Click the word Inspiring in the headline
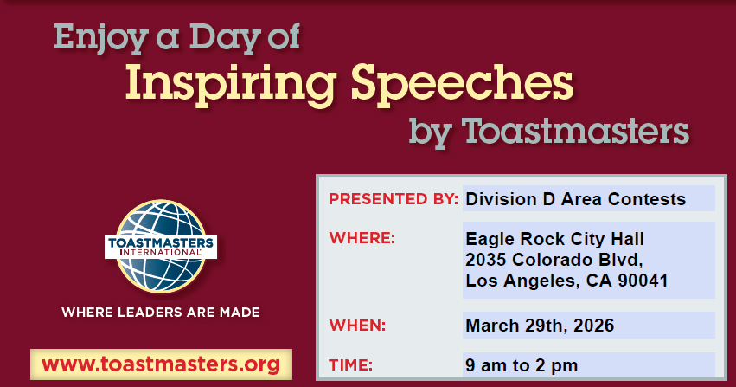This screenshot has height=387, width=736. pyautogui.click(x=230, y=85)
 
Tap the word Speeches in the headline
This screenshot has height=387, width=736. pyautogui.click(x=462, y=82)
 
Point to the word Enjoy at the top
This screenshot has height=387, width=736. pyautogui.click(x=101, y=37)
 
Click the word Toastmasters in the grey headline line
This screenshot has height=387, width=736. pyautogui.click(x=575, y=131)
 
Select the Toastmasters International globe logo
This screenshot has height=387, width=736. pyautogui.click(x=161, y=247)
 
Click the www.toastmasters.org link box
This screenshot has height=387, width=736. pyautogui.click(x=161, y=364)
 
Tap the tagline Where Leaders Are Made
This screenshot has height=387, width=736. pyautogui.click(x=161, y=313)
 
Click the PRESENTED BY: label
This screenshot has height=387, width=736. pyautogui.click(x=394, y=199)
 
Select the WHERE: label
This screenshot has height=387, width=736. pyautogui.click(x=362, y=238)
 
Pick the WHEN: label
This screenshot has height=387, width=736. pyautogui.click(x=357, y=325)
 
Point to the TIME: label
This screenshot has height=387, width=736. pyautogui.click(x=350, y=365)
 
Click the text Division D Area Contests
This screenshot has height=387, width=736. pyautogui.click(x=575, y=199)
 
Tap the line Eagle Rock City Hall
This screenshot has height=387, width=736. pyautogui.click(x=554, y=239)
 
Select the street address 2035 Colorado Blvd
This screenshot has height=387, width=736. pyautogui.click(x=554, y=260)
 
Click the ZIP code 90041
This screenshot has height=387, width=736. pyautogui.click(x=643, y=281)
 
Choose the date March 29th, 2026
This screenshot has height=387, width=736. pyautogui.click(x=540, y=326)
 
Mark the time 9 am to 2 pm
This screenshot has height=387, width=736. pyautogui.click(x=522, y=365)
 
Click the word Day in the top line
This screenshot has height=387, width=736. pyautogui.click(x=226, y=37)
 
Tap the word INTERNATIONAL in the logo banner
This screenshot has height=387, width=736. pyautogui.click(x=161, y=253)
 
